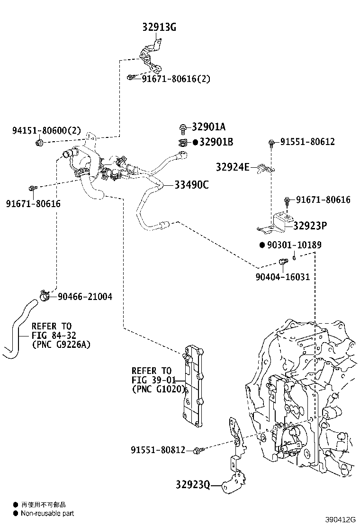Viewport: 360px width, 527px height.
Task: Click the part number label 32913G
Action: pyautogui.click(x=159, y=27)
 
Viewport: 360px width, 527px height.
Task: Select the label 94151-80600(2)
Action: pyautogui.click(x=46, y=130)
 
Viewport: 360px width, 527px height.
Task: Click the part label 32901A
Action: pyautogui.click(x=209, y=127)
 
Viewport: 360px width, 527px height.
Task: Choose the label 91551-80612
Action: pyautogui.click(x=307, y=142)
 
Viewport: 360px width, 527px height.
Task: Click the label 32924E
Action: pyautogui.click(x=232, y=167)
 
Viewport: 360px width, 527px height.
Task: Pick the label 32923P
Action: pyautogui.click(x=310, y=226)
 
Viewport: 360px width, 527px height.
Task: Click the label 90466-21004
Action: pyautogui.click(x=85, y=297)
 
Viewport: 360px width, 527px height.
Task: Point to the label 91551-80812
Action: pyautogui.click(x=158, y=449)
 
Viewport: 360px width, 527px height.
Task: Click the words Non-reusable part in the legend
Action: pyautogui.click(x=47, y=513)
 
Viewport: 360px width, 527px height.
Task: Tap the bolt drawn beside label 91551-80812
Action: pyautogui.click(x=199, y=449)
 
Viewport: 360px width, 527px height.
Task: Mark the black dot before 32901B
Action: pyautogui.click(x=195, y=142)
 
